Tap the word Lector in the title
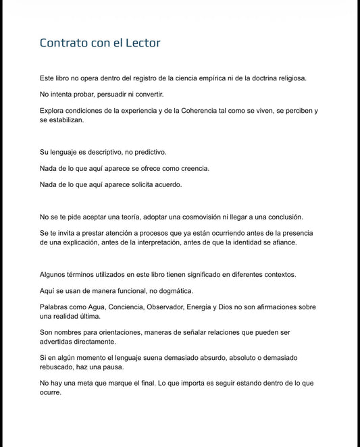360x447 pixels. (x=141, y=43)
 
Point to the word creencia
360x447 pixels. (x=192, y=168)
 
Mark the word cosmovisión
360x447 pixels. (x=197, y=217)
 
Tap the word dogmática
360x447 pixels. (x=172, y=291)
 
